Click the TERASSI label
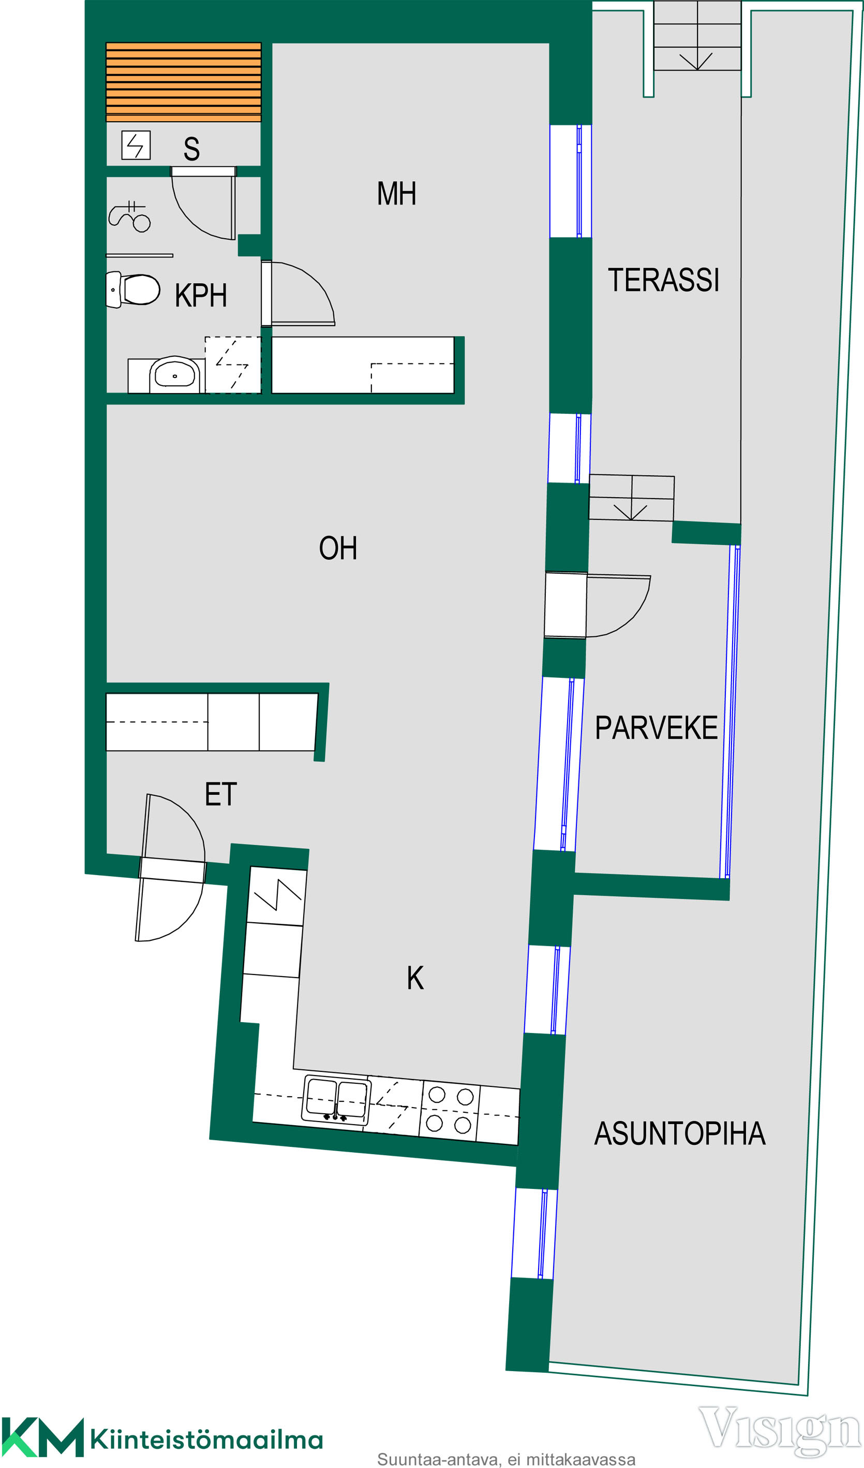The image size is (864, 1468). coord(663,280)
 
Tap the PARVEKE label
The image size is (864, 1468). coord(656,728)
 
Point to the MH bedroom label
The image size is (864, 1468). coord(396,194)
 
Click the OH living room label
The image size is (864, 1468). coord(338,548)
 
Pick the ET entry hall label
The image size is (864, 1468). coord(221,794)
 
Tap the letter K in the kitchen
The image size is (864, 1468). coord(415,978)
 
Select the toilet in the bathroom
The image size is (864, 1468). coord(133,289)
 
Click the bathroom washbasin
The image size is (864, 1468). coord(175,374)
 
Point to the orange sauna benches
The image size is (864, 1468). coord(183,82)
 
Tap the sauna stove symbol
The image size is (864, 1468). coord(136,145)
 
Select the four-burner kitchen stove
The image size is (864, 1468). coord(450,1110)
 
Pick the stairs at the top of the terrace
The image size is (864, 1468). coord(697,36)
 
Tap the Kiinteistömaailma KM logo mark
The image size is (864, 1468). coord(42,1437)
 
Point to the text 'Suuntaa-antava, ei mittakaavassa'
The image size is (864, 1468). coord(506,1459)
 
